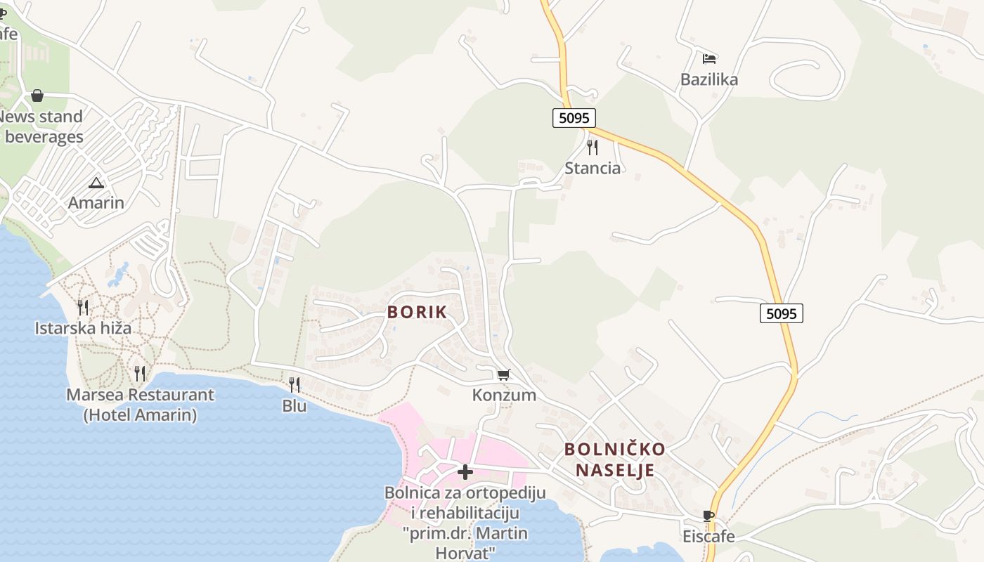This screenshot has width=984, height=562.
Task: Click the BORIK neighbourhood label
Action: pos(417,312)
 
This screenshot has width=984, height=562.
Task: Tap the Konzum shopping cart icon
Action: pos(503,375)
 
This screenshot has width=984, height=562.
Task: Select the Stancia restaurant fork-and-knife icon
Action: pos(593,147)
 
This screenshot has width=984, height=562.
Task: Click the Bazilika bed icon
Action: pos(709,58)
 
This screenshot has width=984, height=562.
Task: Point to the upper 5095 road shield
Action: pos(574,117)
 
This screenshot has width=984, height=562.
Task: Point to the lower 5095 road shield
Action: pos(781,313)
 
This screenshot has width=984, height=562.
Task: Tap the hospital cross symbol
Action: pos(465,472)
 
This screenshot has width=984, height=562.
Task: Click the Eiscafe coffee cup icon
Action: pos(708,516)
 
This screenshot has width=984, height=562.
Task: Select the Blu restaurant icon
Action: pos(294,384)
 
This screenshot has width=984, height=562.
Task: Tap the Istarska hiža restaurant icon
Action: pos(83,307)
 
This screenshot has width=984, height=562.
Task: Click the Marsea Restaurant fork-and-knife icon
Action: pos(140,373)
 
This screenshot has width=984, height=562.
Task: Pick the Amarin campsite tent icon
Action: pos(96,183)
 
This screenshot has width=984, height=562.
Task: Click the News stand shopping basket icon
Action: pos(37,96)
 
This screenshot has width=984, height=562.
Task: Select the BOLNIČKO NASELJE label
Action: pos(615,459)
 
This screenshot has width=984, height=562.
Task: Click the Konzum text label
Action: pos(504,396)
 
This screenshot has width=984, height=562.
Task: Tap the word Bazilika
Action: pos(709,79)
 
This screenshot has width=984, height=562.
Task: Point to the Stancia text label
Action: pos(593,168)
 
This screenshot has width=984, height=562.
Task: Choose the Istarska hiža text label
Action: pos(83,328)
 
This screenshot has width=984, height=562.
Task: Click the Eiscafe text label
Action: pos(708,537)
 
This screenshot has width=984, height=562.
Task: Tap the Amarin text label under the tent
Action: pos(96,203)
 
